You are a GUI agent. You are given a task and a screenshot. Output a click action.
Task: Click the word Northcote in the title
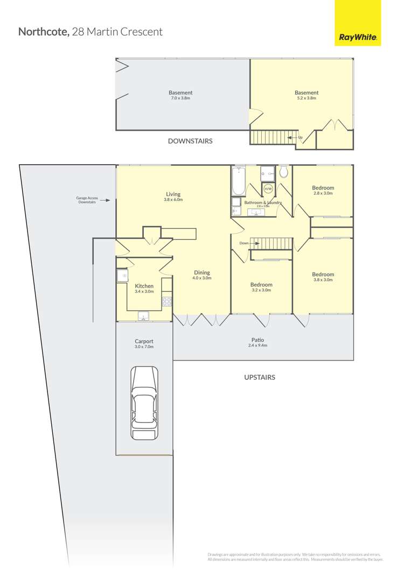click(43, 31)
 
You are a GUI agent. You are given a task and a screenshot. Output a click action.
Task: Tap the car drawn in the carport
click(144, 403)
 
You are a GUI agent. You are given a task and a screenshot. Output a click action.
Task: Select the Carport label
click(144, 341)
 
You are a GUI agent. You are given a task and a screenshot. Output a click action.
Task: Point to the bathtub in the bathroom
click(238, 181)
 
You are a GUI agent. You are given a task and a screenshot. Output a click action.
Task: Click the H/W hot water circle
click(268, 189)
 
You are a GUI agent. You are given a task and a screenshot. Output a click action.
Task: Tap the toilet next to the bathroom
click(284, 172)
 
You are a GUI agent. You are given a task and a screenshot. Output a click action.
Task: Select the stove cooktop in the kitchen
click(167, 301)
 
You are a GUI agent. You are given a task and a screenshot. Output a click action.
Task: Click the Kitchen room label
click(144, 286)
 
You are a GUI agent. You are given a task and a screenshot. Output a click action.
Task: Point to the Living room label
click(173, 194)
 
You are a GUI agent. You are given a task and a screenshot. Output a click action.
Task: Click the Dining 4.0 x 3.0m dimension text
click(202, 278)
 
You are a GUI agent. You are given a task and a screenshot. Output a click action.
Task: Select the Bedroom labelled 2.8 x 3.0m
click(323, 188)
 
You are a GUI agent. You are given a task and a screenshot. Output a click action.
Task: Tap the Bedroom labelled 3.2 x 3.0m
click(261, 284)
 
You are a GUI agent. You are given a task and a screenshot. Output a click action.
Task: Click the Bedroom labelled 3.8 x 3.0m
click(323, 274)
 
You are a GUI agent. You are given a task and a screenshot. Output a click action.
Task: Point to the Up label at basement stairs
click(300, 138)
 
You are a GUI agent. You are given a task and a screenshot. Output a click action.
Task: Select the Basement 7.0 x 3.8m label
click(180, 93)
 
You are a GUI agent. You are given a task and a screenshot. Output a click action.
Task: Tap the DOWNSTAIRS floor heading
click(190, 141)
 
